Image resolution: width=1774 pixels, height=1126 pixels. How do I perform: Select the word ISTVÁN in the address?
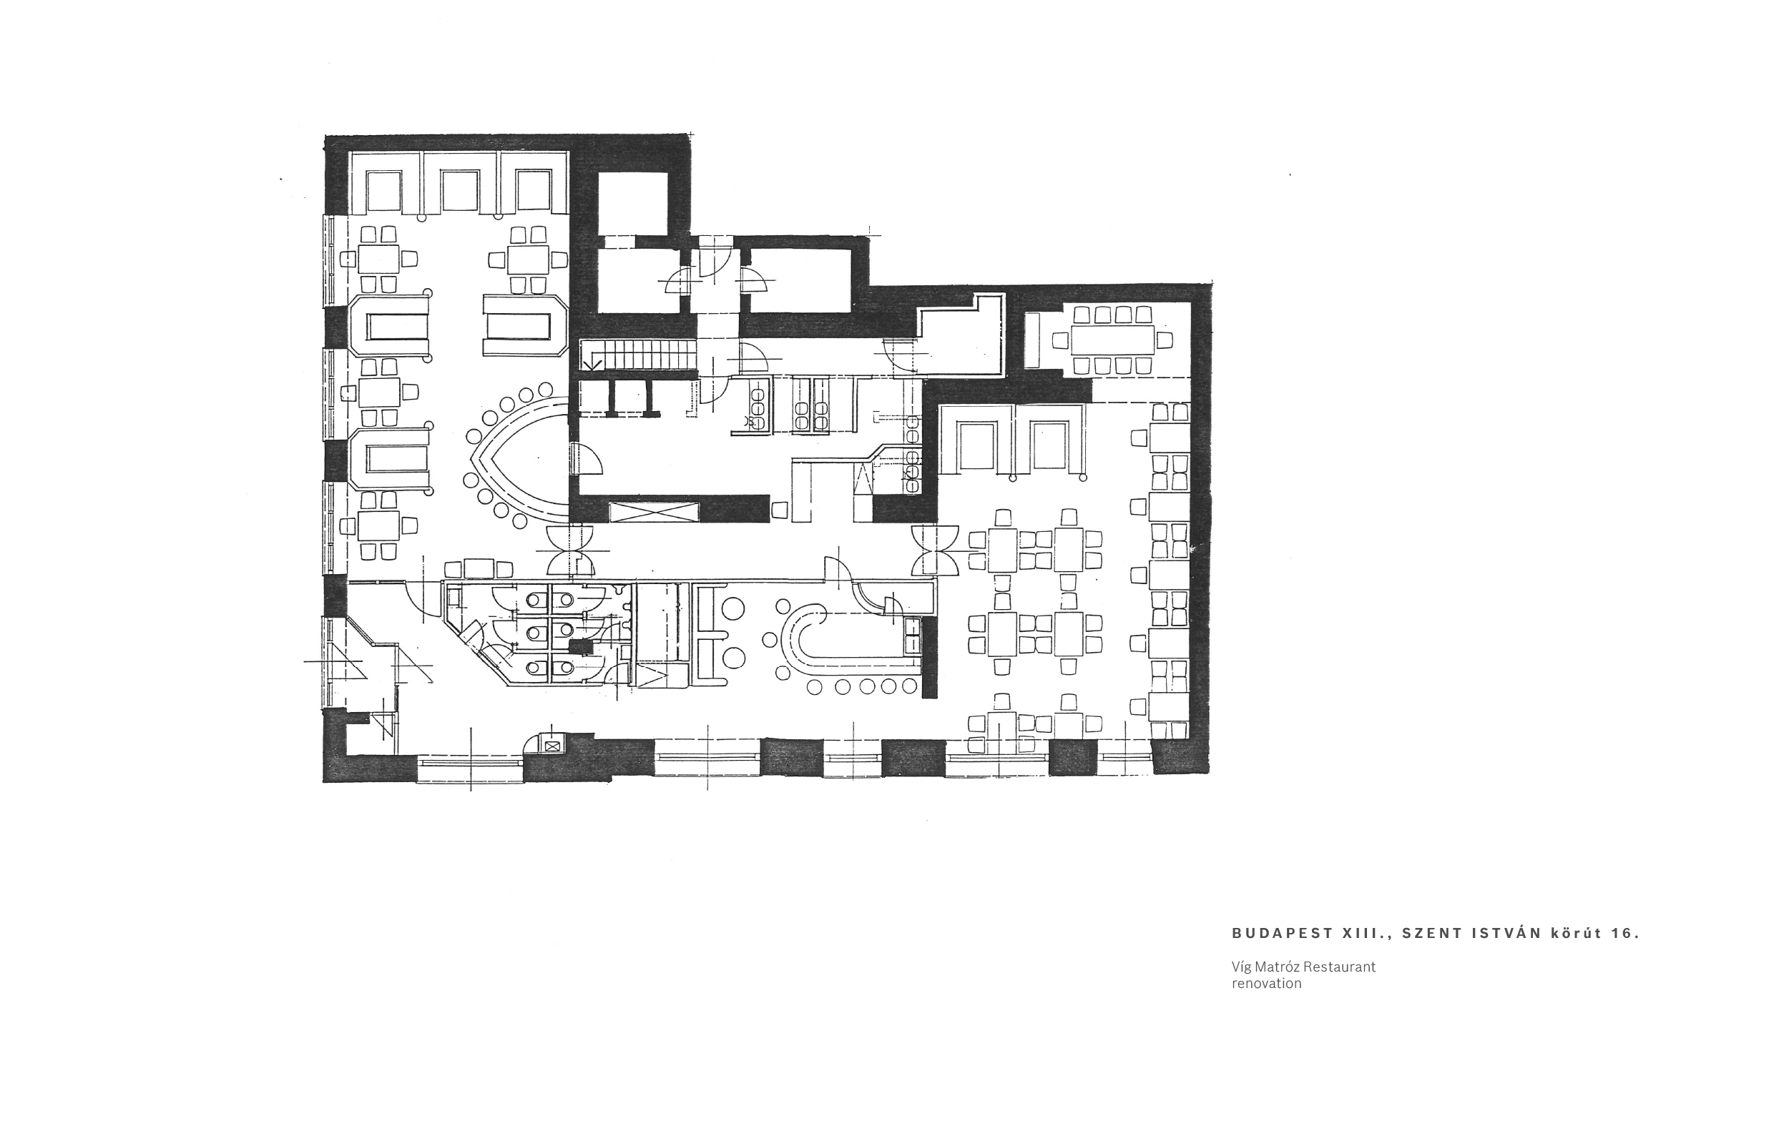(1507, 933)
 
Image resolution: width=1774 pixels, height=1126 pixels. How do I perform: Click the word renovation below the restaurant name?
(1266, 984)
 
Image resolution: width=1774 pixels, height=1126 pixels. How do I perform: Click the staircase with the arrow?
(638, 355)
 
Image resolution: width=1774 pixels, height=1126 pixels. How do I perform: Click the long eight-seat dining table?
(1112, 340)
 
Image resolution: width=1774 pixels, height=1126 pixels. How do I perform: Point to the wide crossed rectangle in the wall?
(655, 511)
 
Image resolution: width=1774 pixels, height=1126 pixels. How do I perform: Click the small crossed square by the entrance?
(551, 744)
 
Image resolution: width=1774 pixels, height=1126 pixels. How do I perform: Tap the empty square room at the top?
(633, 204)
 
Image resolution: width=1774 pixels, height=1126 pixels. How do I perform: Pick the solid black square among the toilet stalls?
(582, 646)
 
